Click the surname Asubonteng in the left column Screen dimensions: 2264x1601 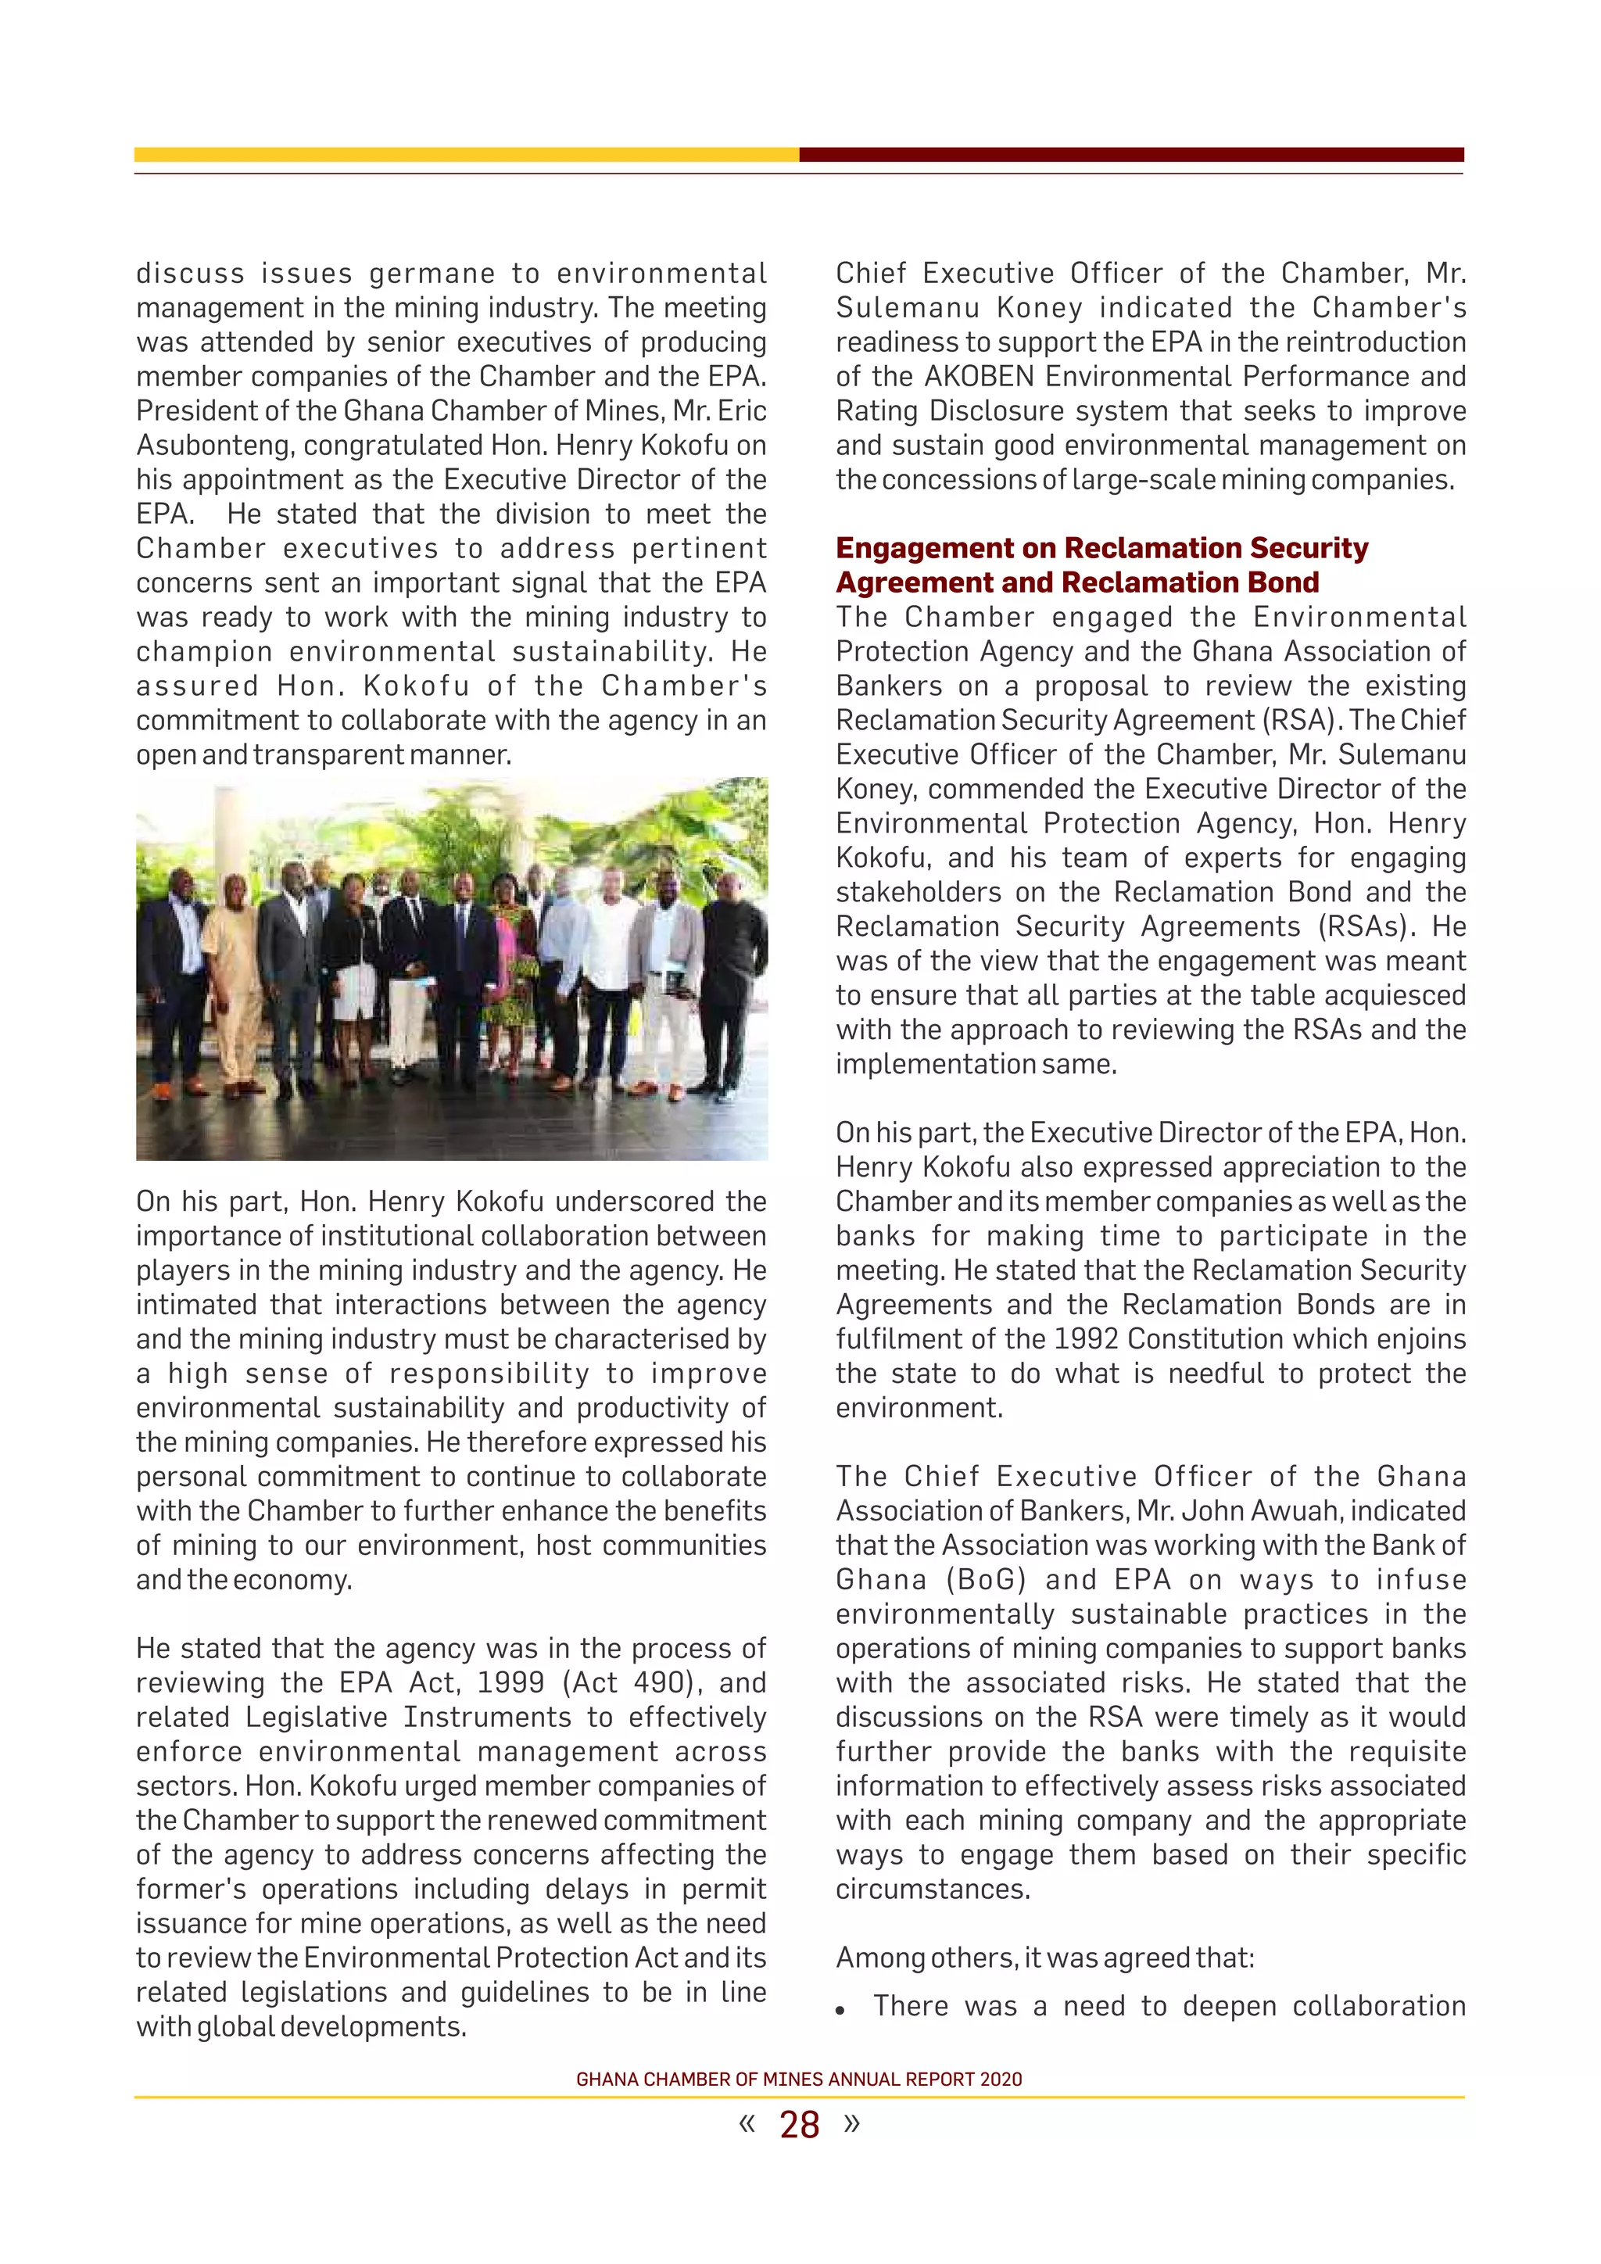(x=214, y=446)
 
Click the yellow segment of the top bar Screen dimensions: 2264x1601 (x=465, y=155)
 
